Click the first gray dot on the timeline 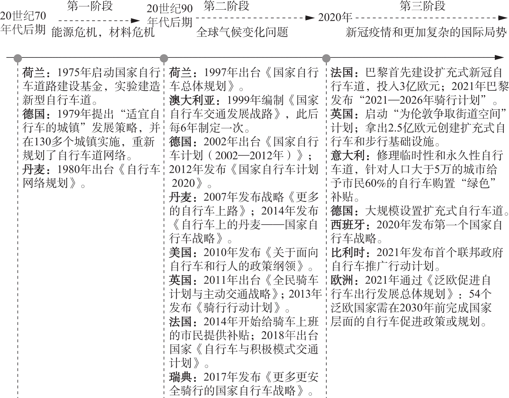(18, 58)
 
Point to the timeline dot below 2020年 (326, 58)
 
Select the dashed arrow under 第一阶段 (99, 21)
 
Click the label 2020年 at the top (335, 18)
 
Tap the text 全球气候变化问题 (242, 32)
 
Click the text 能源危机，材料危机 (103, 32)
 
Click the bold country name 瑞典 (180, 377)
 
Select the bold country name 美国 (180, 252)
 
